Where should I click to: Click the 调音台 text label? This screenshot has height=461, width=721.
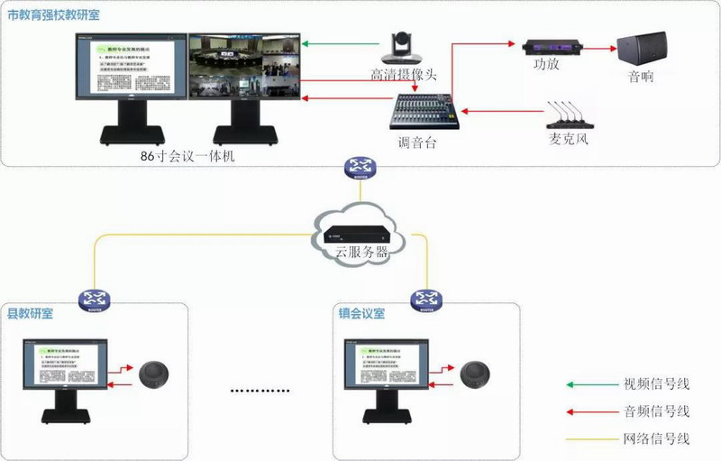(x=417, y=142)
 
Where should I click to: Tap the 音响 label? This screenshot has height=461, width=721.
(x=641, y=78)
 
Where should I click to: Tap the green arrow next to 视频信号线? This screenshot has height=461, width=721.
(x=589, y=384)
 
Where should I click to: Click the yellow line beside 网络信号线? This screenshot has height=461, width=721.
(x=589, y=439)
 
